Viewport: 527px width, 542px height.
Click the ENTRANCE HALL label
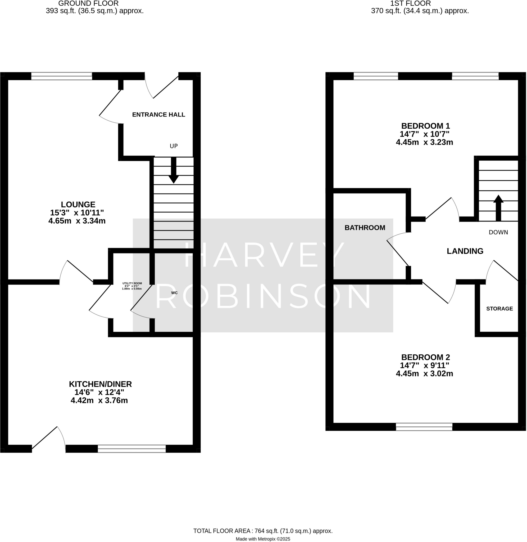pyautogui.click(x=158, y=115)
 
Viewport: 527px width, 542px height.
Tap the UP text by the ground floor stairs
pyautogui.click(x=174, y=146)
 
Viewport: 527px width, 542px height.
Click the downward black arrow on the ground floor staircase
pyautogui.click(x=174, y=170)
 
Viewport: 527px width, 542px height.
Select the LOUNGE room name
pyautogui.click(x=78, y=205)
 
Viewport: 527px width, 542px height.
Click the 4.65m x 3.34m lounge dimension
pyautogui.click(x=77, y=221)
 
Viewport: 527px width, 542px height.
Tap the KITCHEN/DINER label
pyautogui.click(x=100, y=384)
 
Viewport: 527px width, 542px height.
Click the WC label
pyautogui.click(x=174, y=293)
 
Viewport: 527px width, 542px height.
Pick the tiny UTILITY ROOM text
pyautogui.click(x=132, y=283)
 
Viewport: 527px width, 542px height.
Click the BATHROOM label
pyautogui.click(x=365, y=228)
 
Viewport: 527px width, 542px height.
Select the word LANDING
pyautogui.click(x=465, y=251)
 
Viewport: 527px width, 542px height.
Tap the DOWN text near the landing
pyautogui.click(x=498, y=233)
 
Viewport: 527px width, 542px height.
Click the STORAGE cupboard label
pyautogui.click(x=499, y=309)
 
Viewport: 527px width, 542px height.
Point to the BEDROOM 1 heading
pyautogui.click(x=425, y=126)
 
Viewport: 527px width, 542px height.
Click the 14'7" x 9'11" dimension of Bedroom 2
pyautogui.click(x=424, y=365)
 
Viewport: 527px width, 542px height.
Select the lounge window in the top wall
pyautogui.click(x=61, y=76)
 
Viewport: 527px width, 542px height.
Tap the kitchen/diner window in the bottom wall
pyautogui.click(x=132, y=449)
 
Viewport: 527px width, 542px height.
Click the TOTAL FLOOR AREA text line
pyautogui.click(x=263, y=531)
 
